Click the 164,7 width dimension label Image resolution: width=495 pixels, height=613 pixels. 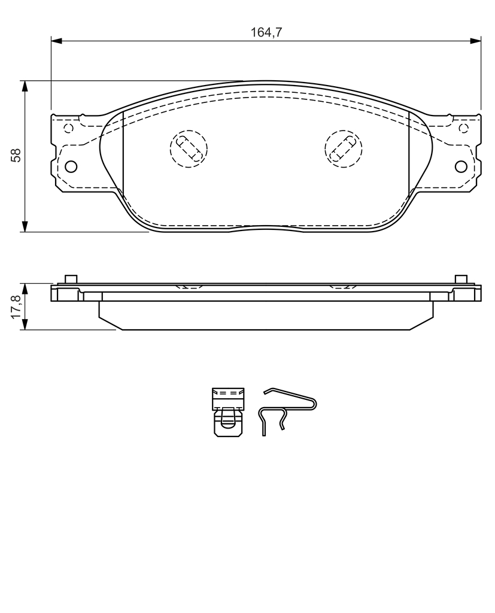click(x=266, y=32)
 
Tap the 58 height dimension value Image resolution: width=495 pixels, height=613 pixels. click(x=16, y=155)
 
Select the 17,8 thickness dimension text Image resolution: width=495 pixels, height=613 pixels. click(x=16, y=307)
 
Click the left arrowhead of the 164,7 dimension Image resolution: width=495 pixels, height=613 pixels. click(x=56, y=40)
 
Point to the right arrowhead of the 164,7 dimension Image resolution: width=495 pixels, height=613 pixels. click(x=475, y=40)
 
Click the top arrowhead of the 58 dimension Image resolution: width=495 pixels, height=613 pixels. click(x=25, y=86)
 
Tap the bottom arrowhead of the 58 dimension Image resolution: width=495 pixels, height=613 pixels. click(x=25, y=226)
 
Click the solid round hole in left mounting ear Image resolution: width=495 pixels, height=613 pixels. click(x=71, y=166)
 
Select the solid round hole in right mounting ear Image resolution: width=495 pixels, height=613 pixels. click(x=461, y=166)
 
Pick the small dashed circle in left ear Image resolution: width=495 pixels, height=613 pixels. click(x=68, y=128)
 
